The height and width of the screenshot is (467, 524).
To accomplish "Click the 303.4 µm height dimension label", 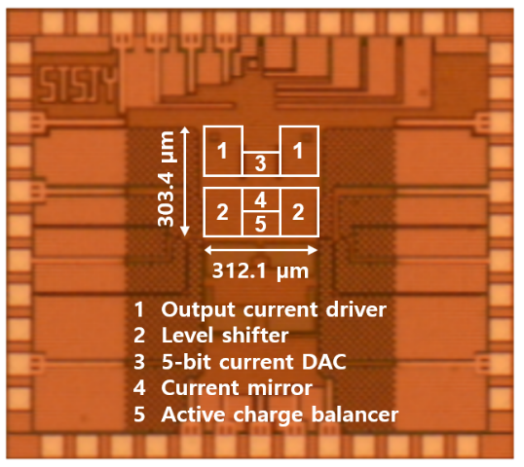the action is coord(167,179).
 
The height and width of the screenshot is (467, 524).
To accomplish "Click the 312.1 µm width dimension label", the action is coord(260,270).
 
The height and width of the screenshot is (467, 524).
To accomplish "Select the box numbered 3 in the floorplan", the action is coord(261,163).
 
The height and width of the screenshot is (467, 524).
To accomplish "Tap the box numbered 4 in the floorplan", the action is coord(261,199).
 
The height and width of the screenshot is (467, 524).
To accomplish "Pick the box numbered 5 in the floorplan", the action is coord(261,224).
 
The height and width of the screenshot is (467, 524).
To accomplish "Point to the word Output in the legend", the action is coord(199,310).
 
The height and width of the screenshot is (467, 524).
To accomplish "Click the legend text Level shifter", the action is coord(225,336).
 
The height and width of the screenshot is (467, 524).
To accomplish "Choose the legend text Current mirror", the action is coord(237,388).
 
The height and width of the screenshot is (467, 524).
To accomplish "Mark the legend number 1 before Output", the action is coord(139,310).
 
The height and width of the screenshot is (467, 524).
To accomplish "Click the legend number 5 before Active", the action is coord(139,414).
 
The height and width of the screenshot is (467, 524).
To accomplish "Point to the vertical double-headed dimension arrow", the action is coord(185,181).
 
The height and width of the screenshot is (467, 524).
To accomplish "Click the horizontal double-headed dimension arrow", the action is coord(261,250).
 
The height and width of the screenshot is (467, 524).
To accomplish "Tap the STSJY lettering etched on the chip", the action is coord(79,84).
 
